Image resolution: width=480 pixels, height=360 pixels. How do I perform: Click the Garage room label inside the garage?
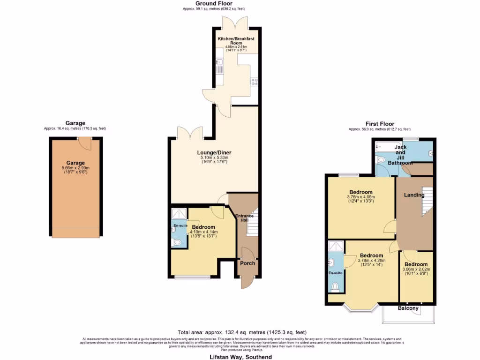75,163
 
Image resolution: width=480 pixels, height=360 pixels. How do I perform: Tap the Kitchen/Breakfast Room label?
236,41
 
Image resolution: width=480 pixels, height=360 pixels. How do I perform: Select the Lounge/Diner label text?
214,153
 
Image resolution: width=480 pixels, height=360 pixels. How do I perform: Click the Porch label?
247,263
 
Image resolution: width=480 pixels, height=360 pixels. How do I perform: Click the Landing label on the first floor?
414,195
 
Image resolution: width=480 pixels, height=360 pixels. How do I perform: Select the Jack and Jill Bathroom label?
400,155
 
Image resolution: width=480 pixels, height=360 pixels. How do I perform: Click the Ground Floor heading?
214,4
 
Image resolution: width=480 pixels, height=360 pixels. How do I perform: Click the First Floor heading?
380,124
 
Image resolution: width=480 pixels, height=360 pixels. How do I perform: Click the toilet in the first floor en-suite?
335,286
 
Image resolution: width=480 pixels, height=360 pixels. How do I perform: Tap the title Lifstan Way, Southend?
240,357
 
